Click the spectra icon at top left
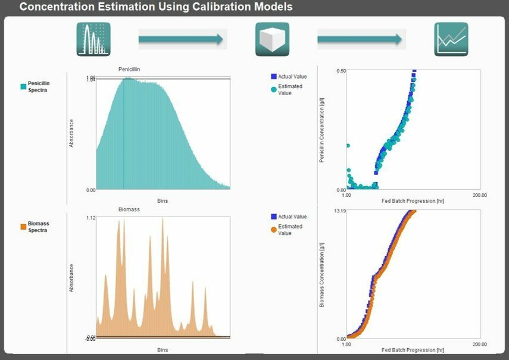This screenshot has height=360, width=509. coord(93,39)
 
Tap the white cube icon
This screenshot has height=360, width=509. coord(272,39)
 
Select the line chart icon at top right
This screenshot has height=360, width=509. coord(451,39)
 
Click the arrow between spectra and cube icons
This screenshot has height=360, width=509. coord(181,40)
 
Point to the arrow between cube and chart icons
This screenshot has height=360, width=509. coord(360,40)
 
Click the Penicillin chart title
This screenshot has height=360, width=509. coord(130,69)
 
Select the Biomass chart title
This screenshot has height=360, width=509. coord(129,209)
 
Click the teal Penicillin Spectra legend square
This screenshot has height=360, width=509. coord(24,87)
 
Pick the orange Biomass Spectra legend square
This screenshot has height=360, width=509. coord(24,227)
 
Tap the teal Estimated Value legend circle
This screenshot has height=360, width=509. coord(274,89)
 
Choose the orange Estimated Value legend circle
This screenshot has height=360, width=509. coord(274,230)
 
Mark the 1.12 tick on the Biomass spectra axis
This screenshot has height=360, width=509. coord(90,218)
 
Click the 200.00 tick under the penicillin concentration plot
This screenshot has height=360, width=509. coord(480,195)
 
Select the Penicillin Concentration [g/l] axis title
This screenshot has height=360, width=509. coord(322,130)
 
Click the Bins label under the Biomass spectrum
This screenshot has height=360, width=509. coord(163,350)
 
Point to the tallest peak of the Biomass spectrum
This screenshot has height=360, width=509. coord(163,219)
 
